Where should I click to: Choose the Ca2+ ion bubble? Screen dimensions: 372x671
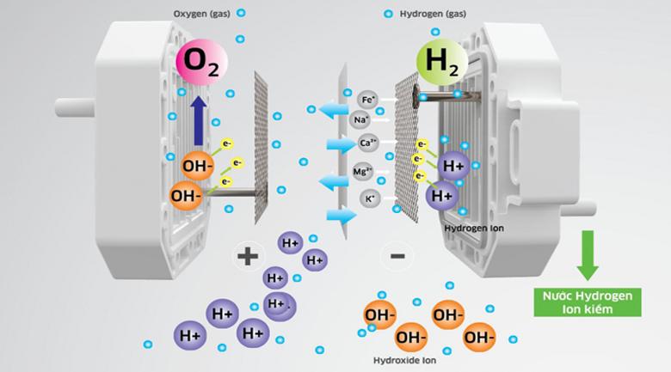367,143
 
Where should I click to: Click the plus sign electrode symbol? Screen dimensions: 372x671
248,254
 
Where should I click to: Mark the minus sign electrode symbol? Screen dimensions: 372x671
397,255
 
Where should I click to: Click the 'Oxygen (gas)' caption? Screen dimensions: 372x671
202,15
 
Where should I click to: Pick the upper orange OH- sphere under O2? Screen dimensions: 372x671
197,162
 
